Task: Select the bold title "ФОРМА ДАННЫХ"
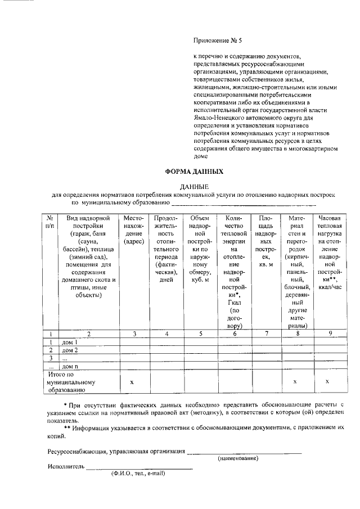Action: coord(193,172)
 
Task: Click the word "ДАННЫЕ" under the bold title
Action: coord(194,186)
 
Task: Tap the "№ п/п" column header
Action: coord(50,222)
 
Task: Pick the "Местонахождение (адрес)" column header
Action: coord(134,229)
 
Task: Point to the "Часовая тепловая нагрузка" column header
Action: coord(330,253)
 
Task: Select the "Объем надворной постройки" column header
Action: coord(200,249)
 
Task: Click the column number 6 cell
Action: coord(234,334)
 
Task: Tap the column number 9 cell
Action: coord(330,334)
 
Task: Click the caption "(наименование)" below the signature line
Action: coord(238,458)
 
